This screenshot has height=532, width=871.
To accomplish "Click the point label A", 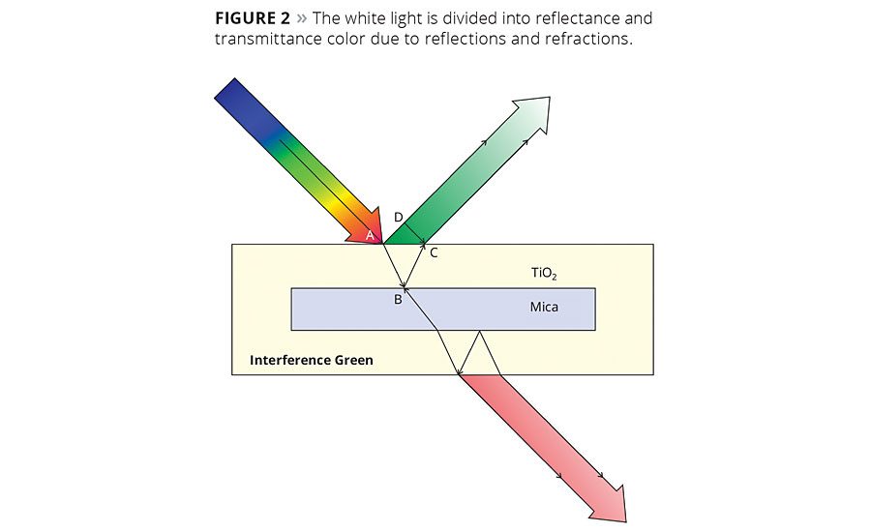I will [370, 234].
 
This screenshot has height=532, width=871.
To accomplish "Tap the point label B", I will [397, 300].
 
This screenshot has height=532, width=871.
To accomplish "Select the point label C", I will [434, 253].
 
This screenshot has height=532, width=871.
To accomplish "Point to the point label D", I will [398, 217].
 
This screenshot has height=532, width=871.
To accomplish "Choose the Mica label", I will [543, 307].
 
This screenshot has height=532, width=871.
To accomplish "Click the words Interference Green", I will [311, 360].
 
